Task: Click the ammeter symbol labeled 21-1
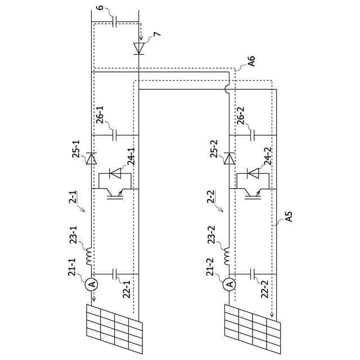click(x=92, y=285)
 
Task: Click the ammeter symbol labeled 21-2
click(x=229, y=285)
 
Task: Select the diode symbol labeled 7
click(x=138, y=47)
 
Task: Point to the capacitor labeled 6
click(x=115, y=22)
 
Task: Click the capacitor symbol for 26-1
click(x=115, y=135)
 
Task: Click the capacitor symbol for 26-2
click(x=253, y=135)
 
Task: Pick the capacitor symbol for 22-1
click(x=115, y=274)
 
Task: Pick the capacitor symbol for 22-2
click(x=253, y=274)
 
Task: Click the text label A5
click(x=286, y=217)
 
